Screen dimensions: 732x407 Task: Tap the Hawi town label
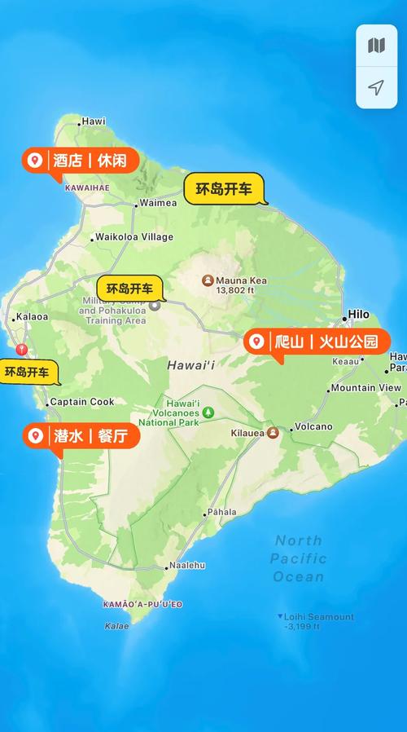(94, 121)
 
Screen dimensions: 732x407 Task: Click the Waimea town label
(157, 203)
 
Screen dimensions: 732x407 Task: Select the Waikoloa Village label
(134, 237)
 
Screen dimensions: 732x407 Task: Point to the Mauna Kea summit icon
(208, 280)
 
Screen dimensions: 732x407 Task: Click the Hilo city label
(358, 315)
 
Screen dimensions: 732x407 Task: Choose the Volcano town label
(313, 427)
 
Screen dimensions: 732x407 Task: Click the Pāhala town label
(221, 513)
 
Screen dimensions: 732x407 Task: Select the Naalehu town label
(188, 566)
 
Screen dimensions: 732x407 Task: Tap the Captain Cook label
(81, 402)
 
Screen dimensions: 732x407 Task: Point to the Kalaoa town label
(32, 317)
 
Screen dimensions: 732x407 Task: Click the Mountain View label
(365, 388)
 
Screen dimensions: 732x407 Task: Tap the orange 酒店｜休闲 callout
(80, 160)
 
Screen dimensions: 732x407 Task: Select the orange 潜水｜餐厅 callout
(81, 436)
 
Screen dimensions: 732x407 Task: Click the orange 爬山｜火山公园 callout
(317, 342)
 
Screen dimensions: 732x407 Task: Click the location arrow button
(376, 88)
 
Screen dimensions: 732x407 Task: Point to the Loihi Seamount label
(318, 617)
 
